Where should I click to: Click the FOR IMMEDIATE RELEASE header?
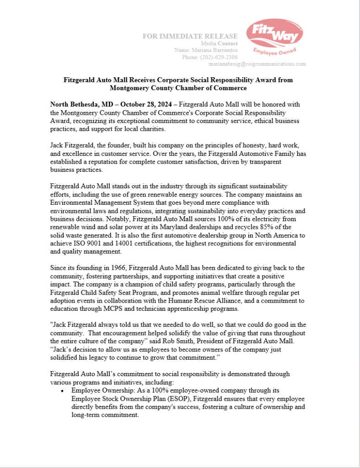(190, 36)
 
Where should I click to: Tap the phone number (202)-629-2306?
(216, 57)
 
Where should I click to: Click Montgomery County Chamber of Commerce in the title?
(178, 88)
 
